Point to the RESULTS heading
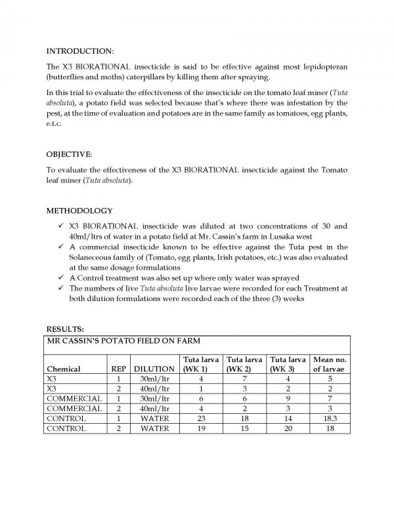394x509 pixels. tap(64, 329)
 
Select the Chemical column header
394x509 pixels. tap(64, 369)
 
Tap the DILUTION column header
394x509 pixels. tap(154, 369)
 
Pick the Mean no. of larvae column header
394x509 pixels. tap(330, 364)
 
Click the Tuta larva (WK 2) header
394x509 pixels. tap(244, 364)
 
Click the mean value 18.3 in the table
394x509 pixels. tap(330, 418)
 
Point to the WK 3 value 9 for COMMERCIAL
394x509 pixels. tap(286, 398)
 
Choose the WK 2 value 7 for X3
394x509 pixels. tap(244, 378)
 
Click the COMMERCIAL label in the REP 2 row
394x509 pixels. tap(75, 408)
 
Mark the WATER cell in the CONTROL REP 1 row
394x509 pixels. tap(154, 418)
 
